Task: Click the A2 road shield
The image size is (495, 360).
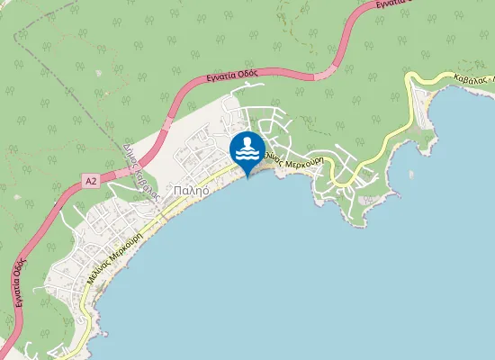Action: [x=91, y=181]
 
